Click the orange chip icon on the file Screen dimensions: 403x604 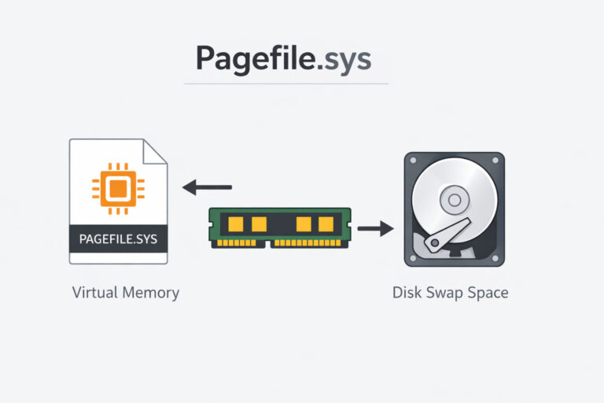click(x=117, y=188)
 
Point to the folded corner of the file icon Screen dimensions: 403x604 click(x=156, y=151)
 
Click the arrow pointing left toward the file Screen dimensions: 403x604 click(x=207, y=187)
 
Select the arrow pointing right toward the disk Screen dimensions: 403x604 click(x=375, y=229)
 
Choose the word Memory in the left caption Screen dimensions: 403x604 click(x=151, y=293)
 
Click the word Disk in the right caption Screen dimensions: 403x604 click(x=407, y=293)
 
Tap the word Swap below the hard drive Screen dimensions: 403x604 click(x=447, y=294)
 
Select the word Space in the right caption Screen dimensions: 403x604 click(x=490, y=294)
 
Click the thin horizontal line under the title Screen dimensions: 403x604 click(x=286, y=83)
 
